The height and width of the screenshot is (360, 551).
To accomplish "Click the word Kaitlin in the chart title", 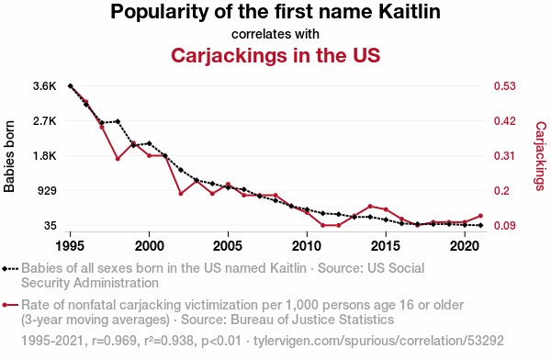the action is [x=410, y=11].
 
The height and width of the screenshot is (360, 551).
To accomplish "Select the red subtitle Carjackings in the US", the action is [x=275, y=55].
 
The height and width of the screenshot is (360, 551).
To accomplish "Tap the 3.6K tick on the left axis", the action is [x=45, y=86].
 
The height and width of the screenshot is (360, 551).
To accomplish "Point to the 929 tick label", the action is [x=47, y=190].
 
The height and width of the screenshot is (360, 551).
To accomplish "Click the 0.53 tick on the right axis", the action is [x=505, y=86].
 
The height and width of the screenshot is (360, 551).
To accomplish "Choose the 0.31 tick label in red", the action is [x=505, y=156].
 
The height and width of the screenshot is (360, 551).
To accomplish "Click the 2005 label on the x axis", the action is [x=228, y=246].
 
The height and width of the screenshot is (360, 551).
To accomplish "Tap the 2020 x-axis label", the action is [x=465, y=246].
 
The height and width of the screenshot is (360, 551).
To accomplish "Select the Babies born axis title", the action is [x=9, y=156].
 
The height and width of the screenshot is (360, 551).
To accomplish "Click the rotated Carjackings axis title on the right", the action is [x=541, y=156].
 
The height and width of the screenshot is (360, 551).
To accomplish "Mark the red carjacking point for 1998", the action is [x=118, y=159].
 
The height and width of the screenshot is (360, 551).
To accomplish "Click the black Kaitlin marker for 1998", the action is [x=118, y=121].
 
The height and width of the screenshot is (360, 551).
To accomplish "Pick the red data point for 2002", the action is [x=181, y=194].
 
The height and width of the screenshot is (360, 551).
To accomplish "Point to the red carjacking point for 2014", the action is [x=370, y=207].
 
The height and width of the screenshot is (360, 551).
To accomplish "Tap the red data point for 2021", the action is [x=480, y=216].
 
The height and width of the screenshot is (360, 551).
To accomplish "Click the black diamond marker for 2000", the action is [x=150, y=143].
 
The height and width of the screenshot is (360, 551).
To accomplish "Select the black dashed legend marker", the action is [x=10, y=269].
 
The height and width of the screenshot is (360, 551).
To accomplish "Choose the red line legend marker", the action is [x=10, y=305].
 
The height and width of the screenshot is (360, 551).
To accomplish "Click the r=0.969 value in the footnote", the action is [x=114, y=341].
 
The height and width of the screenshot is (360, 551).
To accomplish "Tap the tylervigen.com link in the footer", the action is [x=378, y=341].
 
